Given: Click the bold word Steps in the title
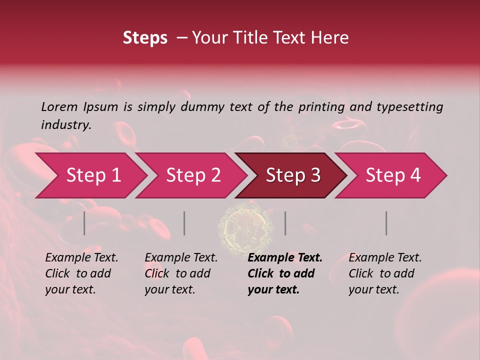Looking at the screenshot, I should (x=145, y=38).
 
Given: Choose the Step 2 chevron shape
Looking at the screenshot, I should (x=193, y=175).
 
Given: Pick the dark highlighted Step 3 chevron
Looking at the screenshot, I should (x=292, y=175).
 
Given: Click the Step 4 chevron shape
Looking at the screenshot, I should (x=392, y=175).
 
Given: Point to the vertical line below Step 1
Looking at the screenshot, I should (x=84, y=223).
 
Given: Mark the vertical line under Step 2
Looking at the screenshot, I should (x=184, y=223).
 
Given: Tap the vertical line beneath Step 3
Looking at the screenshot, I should (x=285, y=223).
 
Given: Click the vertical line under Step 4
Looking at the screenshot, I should (x=386, y=223).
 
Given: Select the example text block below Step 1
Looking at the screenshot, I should (x=81, y=273).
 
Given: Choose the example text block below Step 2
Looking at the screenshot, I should (x=181, y=273).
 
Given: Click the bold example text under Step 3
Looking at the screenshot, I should (x=285, y=273).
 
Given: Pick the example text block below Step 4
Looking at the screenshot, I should (x=385, y=273).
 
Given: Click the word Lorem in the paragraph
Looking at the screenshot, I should (x=59, y=106).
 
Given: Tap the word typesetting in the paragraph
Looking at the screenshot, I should (x=409, y=106).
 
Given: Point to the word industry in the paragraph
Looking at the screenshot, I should (x=65, y=125).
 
